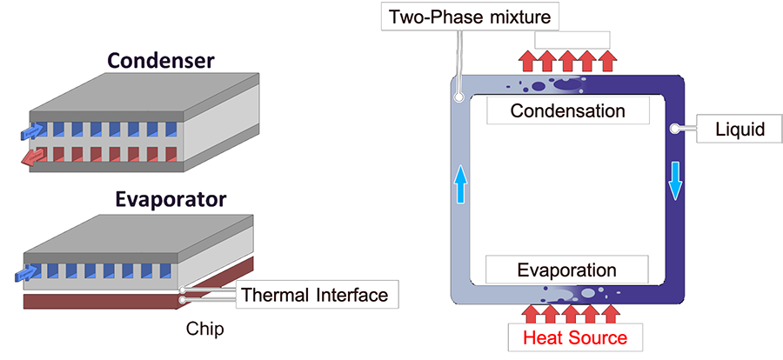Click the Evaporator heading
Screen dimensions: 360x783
coord(171,199)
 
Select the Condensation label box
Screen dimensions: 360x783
coord(567,111)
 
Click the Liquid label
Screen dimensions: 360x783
coord(739,130)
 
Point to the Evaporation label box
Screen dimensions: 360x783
coord(567,270)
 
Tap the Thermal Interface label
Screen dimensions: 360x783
coord(314,294)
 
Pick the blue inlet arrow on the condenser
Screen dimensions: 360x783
coord(32,131)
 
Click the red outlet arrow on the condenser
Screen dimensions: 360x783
coord(32,157)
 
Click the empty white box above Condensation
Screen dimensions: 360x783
coord(572,39)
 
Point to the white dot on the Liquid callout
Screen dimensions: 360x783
coord(675,129)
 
